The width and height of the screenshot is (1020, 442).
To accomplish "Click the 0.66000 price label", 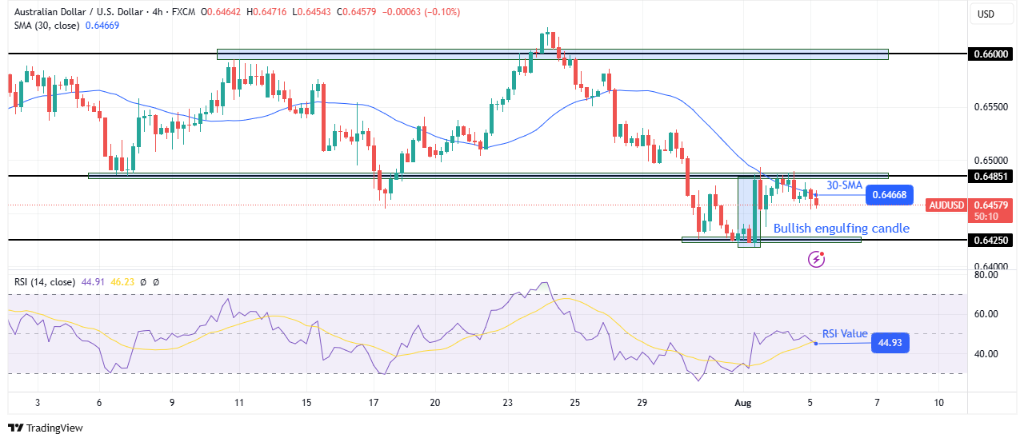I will [990, 54].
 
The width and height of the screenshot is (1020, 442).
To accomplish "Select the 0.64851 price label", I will [990, 176].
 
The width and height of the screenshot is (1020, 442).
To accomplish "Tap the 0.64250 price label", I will [990, 240].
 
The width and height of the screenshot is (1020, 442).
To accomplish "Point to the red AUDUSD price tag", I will [946, 205].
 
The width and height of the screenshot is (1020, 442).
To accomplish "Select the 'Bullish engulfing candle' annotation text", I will [841, 229].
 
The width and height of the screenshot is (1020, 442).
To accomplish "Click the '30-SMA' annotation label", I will [845, 185].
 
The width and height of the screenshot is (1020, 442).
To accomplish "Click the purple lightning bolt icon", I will [816, 258].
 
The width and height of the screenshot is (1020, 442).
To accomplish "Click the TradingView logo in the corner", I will [46, 428].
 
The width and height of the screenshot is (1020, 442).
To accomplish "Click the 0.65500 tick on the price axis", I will [990, 106].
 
